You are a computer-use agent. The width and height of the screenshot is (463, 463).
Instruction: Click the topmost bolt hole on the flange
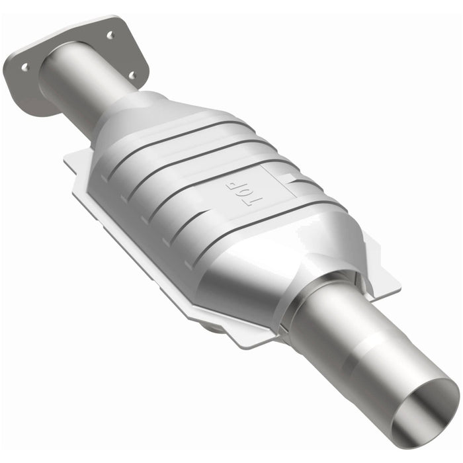110,34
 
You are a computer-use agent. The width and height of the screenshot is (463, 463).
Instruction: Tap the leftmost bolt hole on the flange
24,67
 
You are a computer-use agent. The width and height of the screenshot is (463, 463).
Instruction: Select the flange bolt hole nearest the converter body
131,75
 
